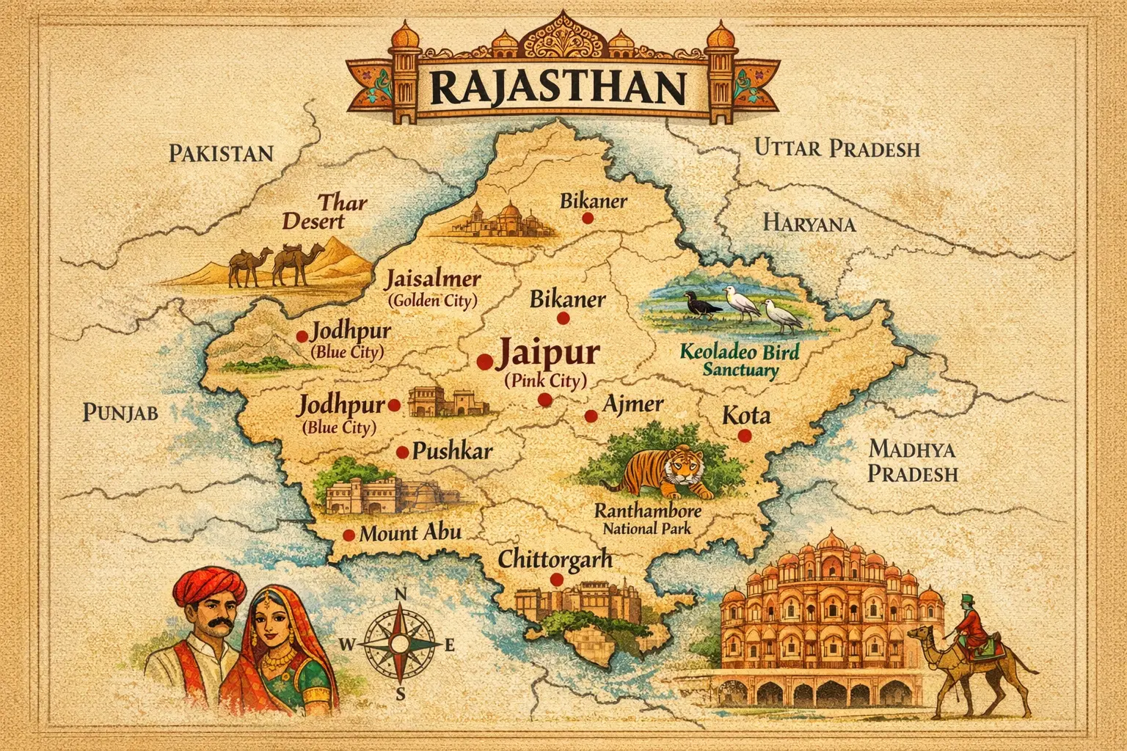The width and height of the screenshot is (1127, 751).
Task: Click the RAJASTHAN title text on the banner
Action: (558, 87)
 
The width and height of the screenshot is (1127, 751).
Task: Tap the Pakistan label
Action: (221, 153)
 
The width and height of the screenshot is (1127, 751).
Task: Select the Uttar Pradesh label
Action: (836, 148)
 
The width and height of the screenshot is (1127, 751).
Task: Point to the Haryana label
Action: (809, 223)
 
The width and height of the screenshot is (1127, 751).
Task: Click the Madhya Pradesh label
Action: (913, 461)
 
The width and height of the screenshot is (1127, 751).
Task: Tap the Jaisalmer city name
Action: (433, 279)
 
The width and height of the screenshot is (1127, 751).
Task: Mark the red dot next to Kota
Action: (745, 436)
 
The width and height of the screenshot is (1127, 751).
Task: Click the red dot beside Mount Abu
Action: (349, 535)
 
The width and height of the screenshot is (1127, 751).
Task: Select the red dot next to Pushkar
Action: (402, 453)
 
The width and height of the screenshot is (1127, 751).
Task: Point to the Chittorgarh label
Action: (555, 559)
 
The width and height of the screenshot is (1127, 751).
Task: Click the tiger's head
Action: (681, 466)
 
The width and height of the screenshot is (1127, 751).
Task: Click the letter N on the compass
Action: (400, 594)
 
